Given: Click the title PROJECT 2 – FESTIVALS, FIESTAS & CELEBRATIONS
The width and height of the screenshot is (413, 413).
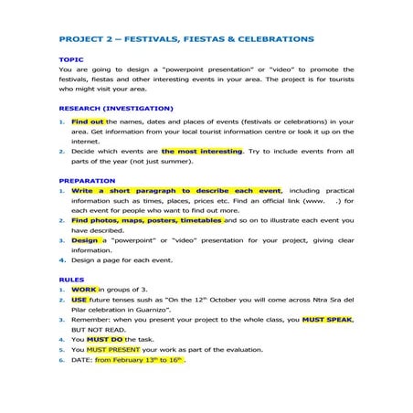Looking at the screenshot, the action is [x=185, y=40].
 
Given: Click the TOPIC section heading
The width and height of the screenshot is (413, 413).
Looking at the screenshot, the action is [x=71, y=59].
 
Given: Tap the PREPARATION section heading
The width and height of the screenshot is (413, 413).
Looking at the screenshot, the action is [x=87, y=181].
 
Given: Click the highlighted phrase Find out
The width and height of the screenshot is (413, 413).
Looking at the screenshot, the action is [x=88, y=121].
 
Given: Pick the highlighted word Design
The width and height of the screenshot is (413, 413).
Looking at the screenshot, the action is [x=84, y=240].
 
